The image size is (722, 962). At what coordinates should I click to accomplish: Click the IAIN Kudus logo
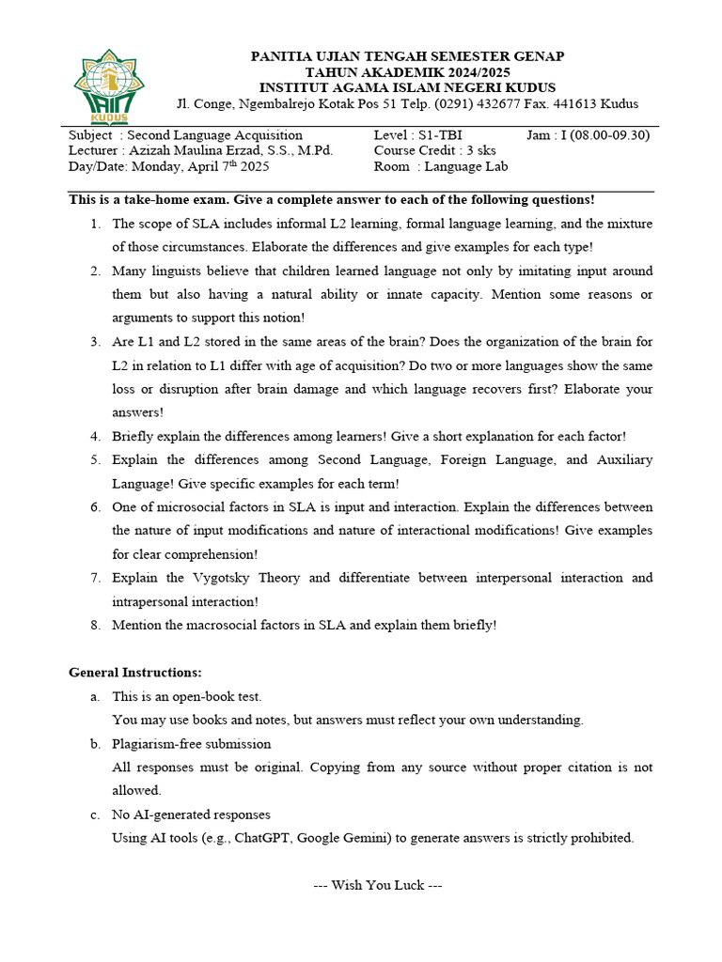[108, 85]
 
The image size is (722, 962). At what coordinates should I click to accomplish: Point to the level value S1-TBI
[440, 135]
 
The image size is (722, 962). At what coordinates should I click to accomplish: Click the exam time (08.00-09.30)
[610, 135]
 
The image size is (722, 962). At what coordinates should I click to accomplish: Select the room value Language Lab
[467, 166]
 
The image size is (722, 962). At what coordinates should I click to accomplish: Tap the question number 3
[95, 342]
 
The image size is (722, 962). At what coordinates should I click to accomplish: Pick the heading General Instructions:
[135, 673]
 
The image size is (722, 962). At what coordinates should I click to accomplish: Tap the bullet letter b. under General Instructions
[95, 744]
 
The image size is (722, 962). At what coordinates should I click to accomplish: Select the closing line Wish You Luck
[377, 886]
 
